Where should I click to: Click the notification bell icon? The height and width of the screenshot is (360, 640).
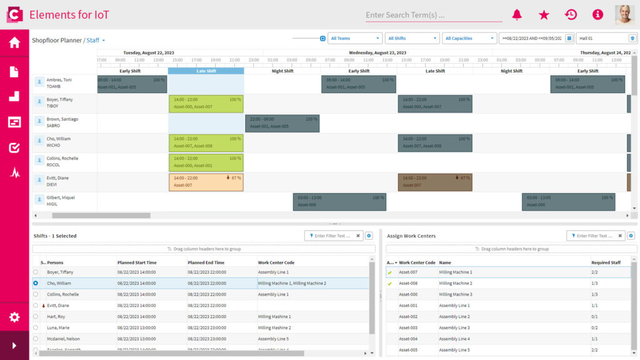coord(517,14)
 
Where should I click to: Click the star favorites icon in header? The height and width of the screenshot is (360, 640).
coord(544,14)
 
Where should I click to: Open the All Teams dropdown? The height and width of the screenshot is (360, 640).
coord(354,38)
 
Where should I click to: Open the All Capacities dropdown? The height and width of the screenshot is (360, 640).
coord(470,38)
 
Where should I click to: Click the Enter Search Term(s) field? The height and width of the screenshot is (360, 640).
coord(433,15)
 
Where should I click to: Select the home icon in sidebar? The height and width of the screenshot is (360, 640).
coord(14,42)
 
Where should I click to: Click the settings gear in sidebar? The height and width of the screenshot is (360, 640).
coord(14,317)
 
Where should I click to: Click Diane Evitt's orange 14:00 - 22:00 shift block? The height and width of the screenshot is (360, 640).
coord(206,182)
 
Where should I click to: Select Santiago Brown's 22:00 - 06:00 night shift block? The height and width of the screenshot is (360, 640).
coord(282,123)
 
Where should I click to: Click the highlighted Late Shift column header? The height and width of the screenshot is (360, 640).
coord(206,71)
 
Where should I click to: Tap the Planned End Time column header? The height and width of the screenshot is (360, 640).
coord(206,262)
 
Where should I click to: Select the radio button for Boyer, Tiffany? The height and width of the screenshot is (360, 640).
coord(36,272)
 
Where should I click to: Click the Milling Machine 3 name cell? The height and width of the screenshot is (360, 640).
coord(456,294)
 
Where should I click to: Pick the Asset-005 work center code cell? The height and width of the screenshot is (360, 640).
coord(408,350)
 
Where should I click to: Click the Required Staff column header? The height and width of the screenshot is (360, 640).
coord(606,262)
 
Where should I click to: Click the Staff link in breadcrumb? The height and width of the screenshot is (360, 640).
coord(93,40)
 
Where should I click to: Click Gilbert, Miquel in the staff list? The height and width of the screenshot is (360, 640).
coord(61,197)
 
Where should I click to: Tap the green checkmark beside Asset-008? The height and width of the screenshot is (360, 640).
coord(390,283)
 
